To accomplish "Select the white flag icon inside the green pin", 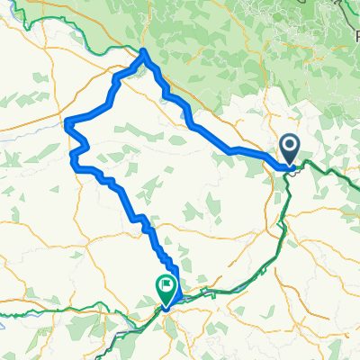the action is pyautogui.click(x=166, y=285).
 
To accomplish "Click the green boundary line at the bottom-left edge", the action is pyautogui.click(x=18, y=313).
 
